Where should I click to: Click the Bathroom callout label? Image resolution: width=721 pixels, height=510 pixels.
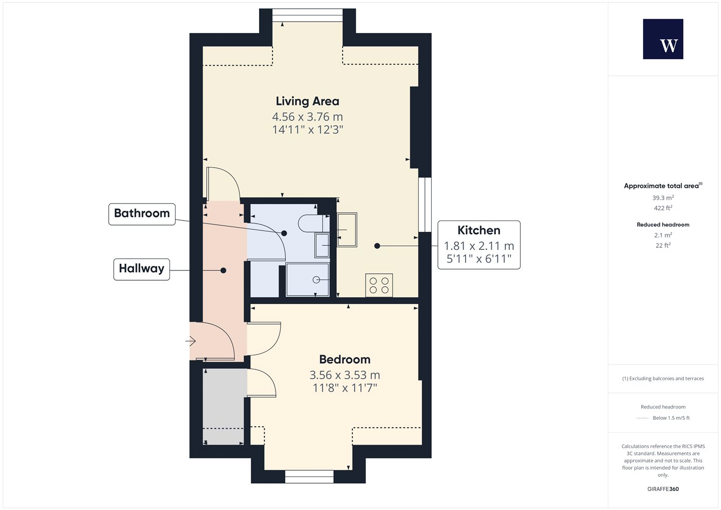pyautogui.click(x=142, y=214)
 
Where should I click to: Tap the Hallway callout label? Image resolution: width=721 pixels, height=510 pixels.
pyautogui.click(x=142, y=269)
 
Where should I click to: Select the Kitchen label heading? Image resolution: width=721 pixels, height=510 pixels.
pyautogui.click(x=479, y=231)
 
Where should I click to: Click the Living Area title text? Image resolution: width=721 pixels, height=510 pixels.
pyautogui.click(x=307, y=101)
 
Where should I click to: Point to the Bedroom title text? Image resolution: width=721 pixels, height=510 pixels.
pyautogui.click(x=345, y=360)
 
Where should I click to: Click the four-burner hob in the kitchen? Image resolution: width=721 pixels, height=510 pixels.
pyautogui.click(x=379, y=285)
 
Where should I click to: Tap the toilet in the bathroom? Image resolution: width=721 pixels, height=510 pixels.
pyautogui.click(x=314, y=223)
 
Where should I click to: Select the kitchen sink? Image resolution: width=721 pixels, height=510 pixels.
pyautogui.click(x=347, y=230)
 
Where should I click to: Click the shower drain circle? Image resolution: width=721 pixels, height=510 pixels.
pyautogui.click(x=316, y=280)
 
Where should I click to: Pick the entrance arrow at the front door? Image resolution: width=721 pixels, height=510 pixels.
pyautogui.click(x=191, y=341)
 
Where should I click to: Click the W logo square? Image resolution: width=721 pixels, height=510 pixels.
pyautogui.click(x=663, y=39)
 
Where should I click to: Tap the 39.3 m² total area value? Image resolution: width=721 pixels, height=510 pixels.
pyautogui.click(x=663, y=198)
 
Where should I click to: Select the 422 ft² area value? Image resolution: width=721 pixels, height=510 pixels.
pyautogui.click(x=663, y=208)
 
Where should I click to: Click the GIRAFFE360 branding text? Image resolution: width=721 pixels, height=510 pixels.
pyautogui.click(x=663, y=489)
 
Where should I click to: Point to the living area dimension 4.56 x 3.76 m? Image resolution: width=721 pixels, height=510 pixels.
pyautogui.click(x=307, y=116)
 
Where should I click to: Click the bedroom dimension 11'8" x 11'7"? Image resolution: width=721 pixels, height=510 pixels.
pyautogui.click(x=345, y=388)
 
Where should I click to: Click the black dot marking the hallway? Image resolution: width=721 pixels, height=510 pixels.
pyautogui.click(x=223, y=270)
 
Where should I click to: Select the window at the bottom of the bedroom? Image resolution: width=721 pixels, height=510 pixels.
pyautogui.click(x=310, y=477)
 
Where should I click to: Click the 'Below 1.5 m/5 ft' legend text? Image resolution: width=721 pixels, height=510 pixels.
pyautogui.click(x=671, y=418)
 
